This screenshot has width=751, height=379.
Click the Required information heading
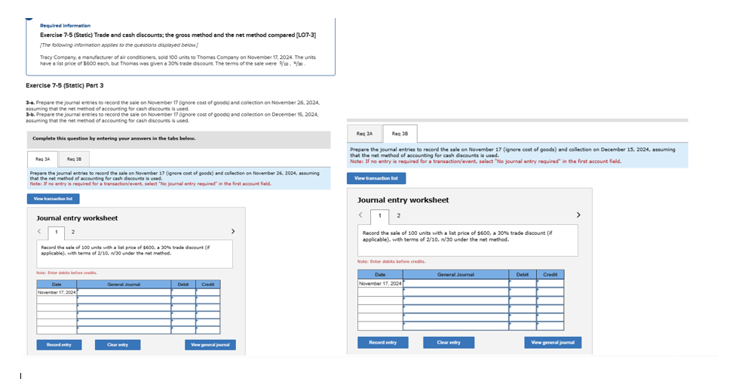click(x=65, y=26)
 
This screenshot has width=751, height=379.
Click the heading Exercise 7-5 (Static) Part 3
click(x=64, y=85)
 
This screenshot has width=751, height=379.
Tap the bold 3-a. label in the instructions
click(x=30, y=102)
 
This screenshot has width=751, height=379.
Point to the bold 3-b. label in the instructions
click(x=30, y=114)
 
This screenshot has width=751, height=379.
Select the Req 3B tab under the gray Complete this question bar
click(x=74, y=159)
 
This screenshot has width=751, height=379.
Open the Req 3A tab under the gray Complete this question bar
click(x=42, y=159)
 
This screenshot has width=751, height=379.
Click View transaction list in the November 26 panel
click(x=53, y=199)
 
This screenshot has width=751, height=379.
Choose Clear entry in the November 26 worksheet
click(x=117, y=344)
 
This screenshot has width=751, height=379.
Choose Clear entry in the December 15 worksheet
click(x=449, y=342)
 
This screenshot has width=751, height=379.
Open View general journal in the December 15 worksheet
click(x=553, y=342)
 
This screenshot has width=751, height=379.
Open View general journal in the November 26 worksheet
click(x=210, y=344)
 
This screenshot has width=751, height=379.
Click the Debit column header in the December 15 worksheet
click(x=523, y=275)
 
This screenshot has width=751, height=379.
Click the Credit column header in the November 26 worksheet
click(x=208, y=284)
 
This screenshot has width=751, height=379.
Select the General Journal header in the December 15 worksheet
click(x=455, y=275)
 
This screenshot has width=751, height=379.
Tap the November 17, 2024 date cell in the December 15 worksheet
click(x=380, y=283)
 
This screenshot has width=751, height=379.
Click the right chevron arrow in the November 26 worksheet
click(x=232, y=231)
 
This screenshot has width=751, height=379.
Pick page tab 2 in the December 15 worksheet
click(x=399, y=216)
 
